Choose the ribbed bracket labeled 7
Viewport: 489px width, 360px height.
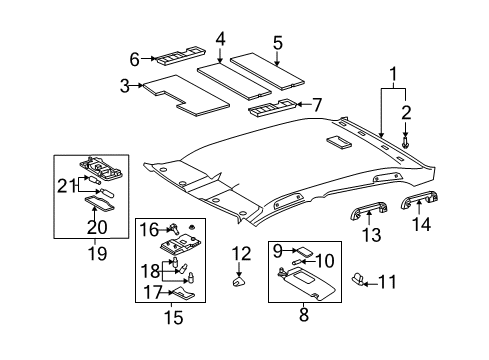click(272, 108)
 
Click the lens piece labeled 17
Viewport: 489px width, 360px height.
click(183, 292)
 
